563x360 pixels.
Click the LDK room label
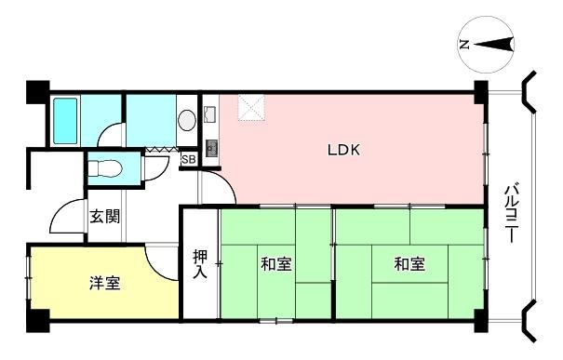pos(343,150)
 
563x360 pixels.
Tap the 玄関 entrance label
pos(104,217)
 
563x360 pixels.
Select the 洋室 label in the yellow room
pos(104,283)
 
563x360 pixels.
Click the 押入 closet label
pos(200,264)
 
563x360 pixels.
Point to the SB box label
pos(189,159)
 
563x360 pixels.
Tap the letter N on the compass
pos(464,45)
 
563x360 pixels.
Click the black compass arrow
pos(495,45)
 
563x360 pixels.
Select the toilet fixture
pos(105,167)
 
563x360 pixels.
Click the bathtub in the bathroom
pos(65,121)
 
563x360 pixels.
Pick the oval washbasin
pos(187,120)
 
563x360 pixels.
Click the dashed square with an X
pos(251,108)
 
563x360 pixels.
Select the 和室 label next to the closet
pos(275,264)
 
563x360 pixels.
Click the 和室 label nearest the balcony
pos(409,264)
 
